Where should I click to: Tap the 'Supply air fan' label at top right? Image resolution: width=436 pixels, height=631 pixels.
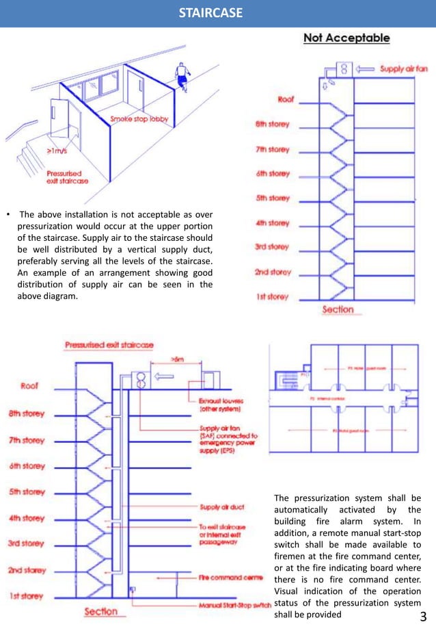click(x=403, y=69)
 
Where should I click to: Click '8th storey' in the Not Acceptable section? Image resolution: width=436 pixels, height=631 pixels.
click(x=271, y=124)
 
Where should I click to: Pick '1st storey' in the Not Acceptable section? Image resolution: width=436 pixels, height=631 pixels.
click(x=271, y=296)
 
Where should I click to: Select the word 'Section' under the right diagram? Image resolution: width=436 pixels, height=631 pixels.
click(x=338, y=310)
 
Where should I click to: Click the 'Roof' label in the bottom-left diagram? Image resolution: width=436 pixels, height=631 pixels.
click(x=29, y=386)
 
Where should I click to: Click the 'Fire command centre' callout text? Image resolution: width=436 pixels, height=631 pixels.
click(x=229, y=578)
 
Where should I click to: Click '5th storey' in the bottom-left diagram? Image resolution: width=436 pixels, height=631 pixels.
click(x=27, y=491)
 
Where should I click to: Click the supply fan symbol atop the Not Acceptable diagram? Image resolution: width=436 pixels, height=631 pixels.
click(x=343, y=69)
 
